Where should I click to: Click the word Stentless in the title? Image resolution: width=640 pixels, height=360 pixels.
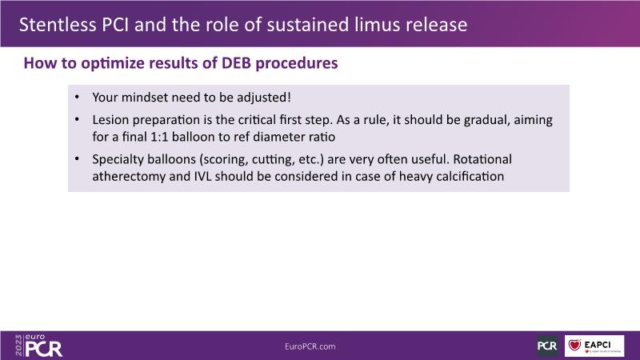click(58, 25)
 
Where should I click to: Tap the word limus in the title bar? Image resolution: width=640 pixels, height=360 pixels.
click(377, 25)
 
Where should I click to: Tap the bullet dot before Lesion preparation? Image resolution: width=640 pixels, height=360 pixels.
click(77, 119)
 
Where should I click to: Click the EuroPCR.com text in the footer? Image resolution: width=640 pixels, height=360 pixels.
click(310, 346)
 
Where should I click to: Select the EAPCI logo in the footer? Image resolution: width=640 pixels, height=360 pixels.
click(594, 346)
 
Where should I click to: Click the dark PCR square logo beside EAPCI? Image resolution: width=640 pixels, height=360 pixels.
click(547, 346)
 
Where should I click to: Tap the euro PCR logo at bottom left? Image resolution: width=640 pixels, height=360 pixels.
click(43, 346)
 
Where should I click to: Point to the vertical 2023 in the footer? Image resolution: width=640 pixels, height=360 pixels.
click(18, 346)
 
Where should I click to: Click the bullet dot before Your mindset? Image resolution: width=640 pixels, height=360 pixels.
click(77, 97)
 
